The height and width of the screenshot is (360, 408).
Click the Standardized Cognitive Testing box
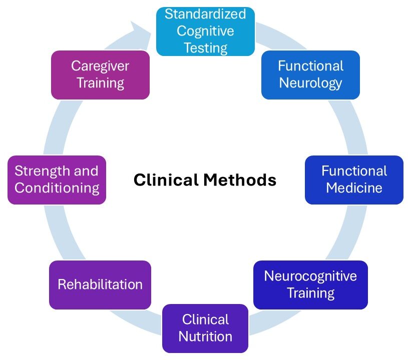point(205,31)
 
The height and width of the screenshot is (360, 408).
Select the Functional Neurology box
point(310,74)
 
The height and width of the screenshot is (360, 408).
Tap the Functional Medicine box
point(354,179)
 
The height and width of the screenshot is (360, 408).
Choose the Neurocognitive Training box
point(310,284)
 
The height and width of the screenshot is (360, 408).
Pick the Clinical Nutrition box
point(205,328)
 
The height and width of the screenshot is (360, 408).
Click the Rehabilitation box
point(100,284)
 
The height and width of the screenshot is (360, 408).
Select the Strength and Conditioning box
point(57,179)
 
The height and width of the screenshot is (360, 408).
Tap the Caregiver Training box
point(100,74)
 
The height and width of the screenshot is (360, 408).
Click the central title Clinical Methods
point(205,179)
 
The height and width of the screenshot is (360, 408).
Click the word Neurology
point(310,82)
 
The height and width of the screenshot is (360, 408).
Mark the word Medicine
point(354,188)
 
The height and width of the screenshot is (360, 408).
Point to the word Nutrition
point(205,336)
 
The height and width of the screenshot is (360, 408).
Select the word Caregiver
point(100,66)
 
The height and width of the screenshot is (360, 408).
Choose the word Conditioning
point(57,188)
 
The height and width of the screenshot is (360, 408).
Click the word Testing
point(205,47)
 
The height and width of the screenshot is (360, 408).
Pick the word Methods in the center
point(243,179)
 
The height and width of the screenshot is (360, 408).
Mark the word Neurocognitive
point(310,276)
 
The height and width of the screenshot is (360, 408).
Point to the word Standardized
point(205,14)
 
